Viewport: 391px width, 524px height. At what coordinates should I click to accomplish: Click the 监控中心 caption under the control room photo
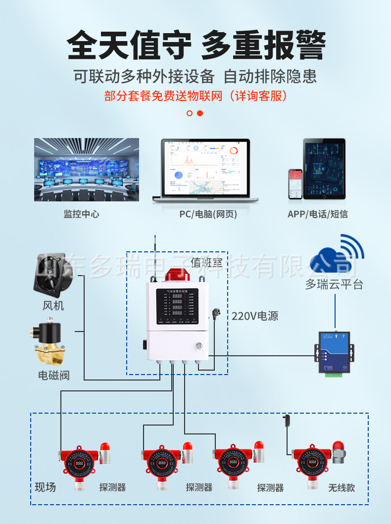point(81,214)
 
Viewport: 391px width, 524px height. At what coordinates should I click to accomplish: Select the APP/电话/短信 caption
point(317,214)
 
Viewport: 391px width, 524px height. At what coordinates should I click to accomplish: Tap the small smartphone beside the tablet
point(295,184)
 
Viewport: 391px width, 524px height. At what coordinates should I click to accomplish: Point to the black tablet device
point(324,169)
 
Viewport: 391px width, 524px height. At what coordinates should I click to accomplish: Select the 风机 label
point(53,306)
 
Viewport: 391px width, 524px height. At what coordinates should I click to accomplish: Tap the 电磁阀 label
point(54,375)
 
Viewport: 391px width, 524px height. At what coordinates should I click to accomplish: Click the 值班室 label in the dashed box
point(206,263)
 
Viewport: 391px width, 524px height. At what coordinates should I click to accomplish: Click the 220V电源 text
point(255,316)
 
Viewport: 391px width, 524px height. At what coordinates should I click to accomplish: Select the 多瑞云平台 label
point(334,285)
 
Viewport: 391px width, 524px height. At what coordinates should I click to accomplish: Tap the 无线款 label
point(342,487)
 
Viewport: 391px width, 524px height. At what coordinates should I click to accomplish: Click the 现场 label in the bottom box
point(45,487)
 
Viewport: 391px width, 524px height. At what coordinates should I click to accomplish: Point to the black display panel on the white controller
point(177,306)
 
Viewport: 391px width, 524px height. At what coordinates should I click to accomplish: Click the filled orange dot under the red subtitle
point(200,113)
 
